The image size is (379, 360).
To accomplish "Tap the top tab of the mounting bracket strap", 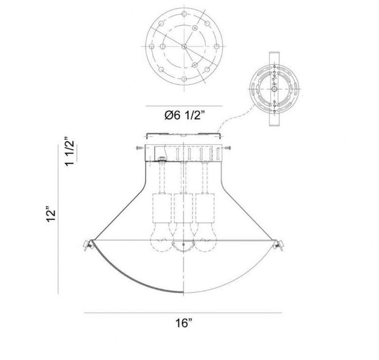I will (x=274, y=56).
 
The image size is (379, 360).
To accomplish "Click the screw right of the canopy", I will (x=228, y=149).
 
